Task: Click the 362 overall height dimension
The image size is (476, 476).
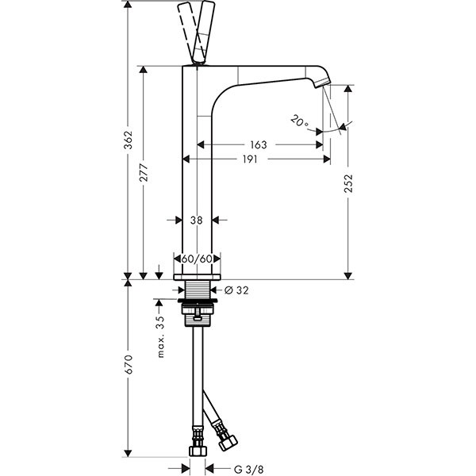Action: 129,140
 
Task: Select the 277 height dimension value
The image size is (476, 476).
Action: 144,172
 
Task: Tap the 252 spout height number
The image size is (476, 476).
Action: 349,183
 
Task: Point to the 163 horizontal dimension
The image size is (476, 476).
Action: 259,145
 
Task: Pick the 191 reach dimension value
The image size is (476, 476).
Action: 250,159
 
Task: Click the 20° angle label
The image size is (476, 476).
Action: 299,121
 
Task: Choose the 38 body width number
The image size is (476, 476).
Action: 197,220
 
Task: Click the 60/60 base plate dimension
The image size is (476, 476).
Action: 197,259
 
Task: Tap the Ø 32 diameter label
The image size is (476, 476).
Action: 236,290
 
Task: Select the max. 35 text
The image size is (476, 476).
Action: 160,336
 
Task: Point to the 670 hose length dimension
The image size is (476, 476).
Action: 129,364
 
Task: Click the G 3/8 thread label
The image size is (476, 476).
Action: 249,470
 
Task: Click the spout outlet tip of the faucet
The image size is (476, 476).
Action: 323,83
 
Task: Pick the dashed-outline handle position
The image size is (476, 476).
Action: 187,32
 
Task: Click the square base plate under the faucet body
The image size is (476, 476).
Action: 197,277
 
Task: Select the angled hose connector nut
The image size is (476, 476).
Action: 228,443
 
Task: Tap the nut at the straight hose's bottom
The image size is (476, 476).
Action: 198,451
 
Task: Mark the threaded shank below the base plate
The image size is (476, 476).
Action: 198,290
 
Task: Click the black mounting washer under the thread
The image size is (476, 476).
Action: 198,301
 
